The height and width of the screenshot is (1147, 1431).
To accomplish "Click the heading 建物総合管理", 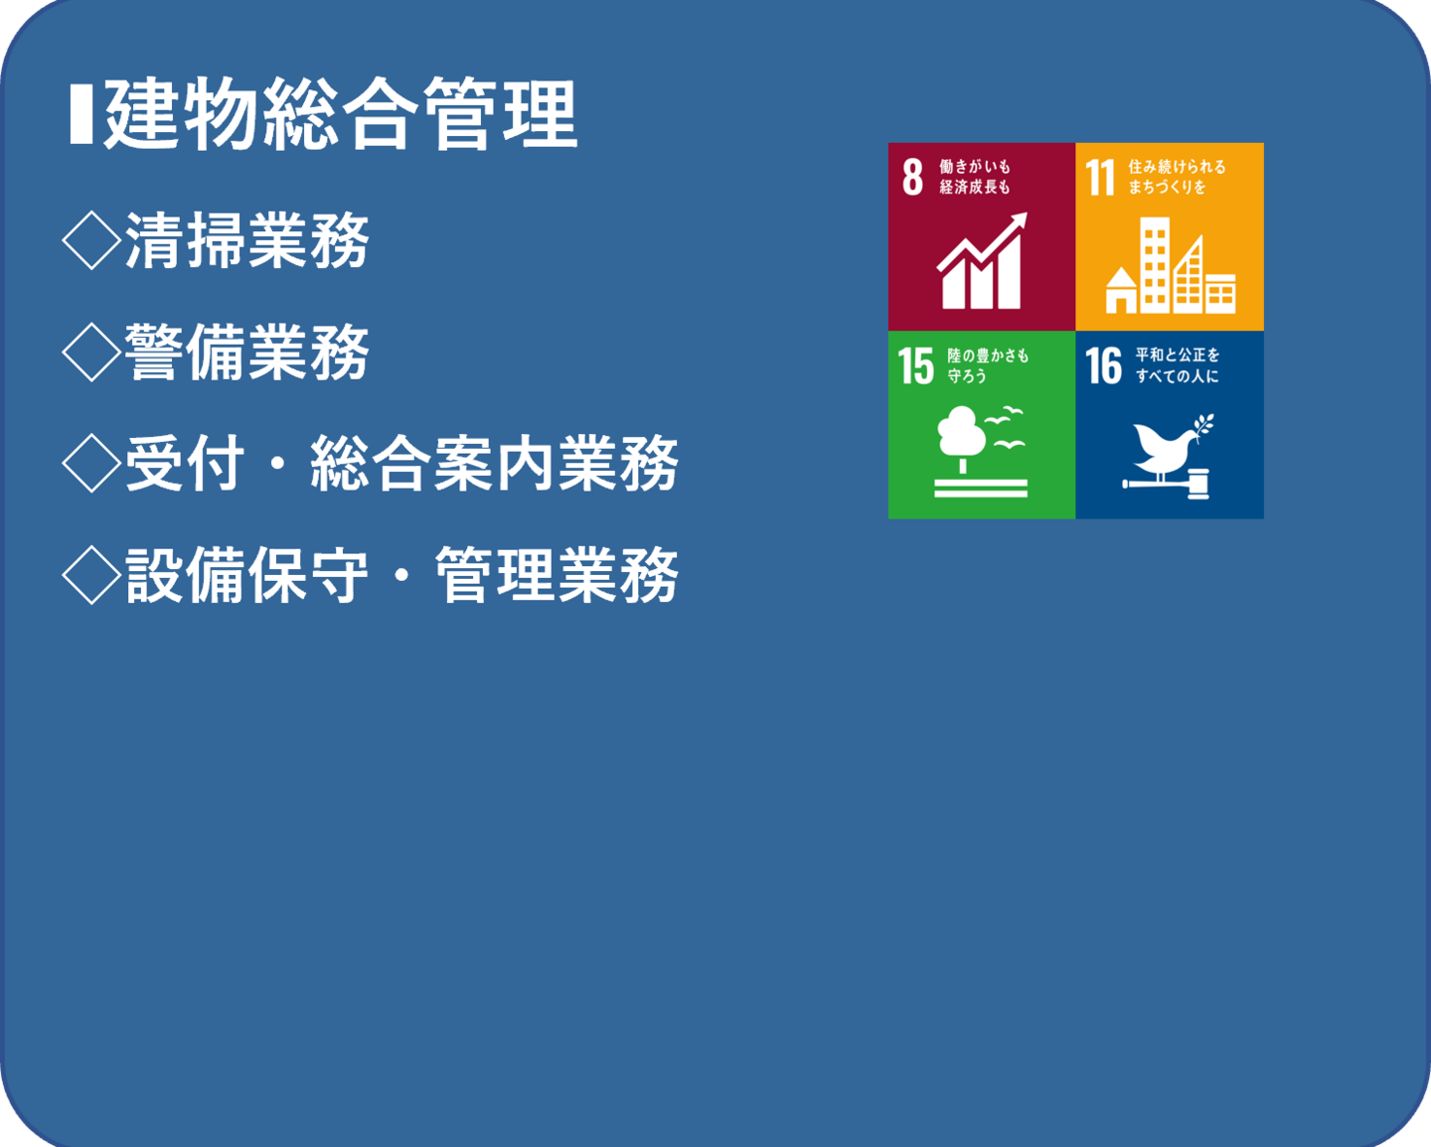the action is click(x=341, y=113).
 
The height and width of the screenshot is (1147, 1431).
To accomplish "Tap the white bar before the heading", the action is click(x=81, y=113).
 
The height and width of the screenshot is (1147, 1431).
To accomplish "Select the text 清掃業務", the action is click(x=246, y=240).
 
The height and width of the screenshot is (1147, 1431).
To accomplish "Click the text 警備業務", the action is click(x=246, y=353).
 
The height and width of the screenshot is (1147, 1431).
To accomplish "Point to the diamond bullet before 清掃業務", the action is click(x=91, y=240).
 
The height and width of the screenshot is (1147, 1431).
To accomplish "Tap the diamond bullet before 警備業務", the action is click(x=91, y=353).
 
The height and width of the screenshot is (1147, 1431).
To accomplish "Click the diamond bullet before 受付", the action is click(x=91, y=464).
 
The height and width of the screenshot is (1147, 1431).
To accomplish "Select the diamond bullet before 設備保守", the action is click(x=91, y=576).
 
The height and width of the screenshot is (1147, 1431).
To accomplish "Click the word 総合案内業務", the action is click(x=494, y=464).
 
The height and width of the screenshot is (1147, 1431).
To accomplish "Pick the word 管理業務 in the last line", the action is click(x=556, y=576).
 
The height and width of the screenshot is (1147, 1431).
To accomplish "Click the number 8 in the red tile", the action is click(x=913, y=177).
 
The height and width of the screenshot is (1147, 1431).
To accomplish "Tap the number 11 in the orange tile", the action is click(x=1100, y=177).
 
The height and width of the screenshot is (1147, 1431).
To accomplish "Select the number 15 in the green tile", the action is click(x=915, y=365).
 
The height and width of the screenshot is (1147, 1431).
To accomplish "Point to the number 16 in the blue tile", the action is click(x=1104, y=365).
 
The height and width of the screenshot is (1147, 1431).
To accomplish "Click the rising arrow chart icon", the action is click(x=982, y=260).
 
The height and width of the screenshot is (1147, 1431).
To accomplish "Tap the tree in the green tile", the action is click(x=962, y=439).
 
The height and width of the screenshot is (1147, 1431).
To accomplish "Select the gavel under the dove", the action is click(x=1167, y=484).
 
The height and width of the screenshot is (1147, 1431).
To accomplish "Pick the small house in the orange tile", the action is click(x=1121, y=290).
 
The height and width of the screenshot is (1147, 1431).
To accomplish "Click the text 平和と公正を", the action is click(x=1178, y=355).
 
